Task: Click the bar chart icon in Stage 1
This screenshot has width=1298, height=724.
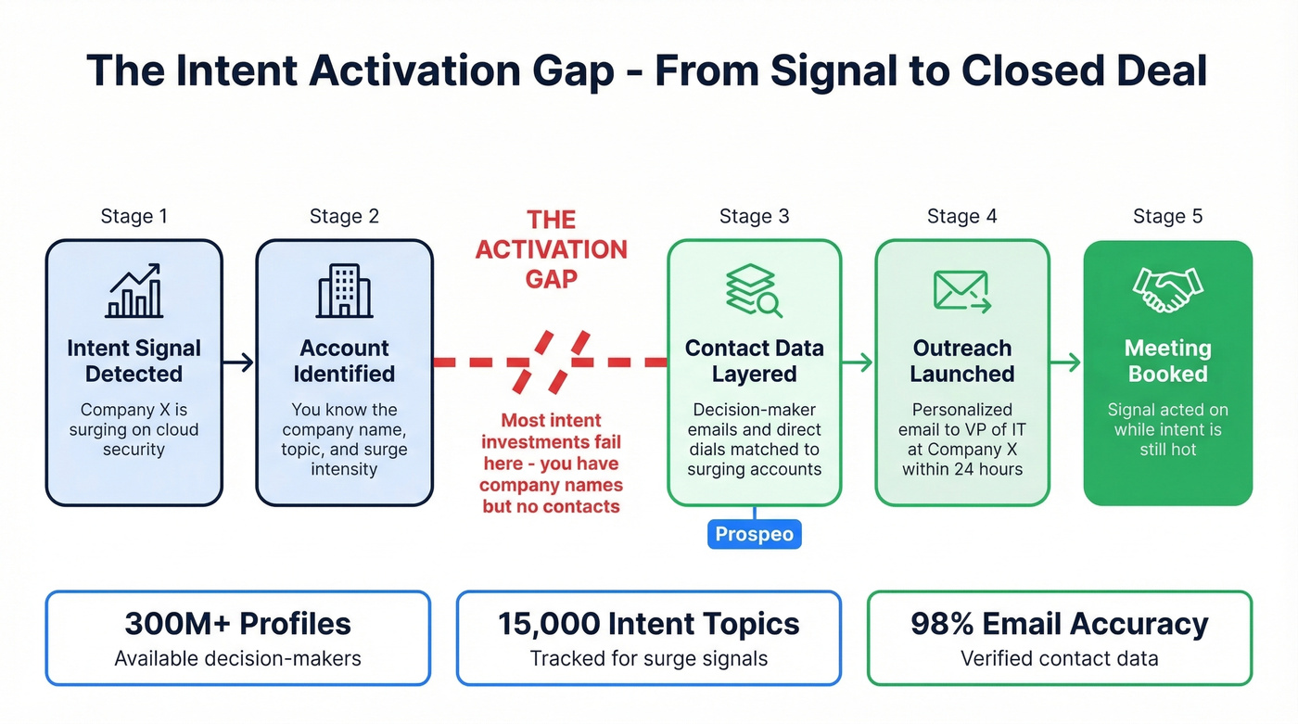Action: (134, 291)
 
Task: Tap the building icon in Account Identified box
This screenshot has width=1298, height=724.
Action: (344, 291)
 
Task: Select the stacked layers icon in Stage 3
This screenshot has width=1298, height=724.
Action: (753, 290)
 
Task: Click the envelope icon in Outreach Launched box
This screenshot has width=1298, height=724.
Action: (961, 291)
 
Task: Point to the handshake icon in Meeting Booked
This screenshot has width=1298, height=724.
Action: (1167, 290)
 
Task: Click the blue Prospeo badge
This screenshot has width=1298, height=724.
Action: (754, 535)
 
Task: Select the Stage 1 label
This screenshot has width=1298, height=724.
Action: (134, 217)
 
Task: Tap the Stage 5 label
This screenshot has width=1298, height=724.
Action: (1167, 217)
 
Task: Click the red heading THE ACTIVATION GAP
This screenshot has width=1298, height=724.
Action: (552, 248)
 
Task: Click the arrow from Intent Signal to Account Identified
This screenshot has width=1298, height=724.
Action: (239, 362)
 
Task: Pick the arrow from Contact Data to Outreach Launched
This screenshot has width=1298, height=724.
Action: (858, 362)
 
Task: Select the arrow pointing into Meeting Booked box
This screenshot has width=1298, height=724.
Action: (1066, 362)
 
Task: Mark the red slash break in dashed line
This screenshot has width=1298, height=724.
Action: (552, 362)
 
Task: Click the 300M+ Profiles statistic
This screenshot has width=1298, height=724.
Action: (237, 624)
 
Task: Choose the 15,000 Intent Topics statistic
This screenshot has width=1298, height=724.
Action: (648, 624)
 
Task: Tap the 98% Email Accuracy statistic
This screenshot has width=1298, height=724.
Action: (1059, 624)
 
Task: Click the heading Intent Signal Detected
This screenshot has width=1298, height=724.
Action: (134, 362)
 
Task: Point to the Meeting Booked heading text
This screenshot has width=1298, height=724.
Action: (1167, 362)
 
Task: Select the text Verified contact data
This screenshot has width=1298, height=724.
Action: (1059, 659)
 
